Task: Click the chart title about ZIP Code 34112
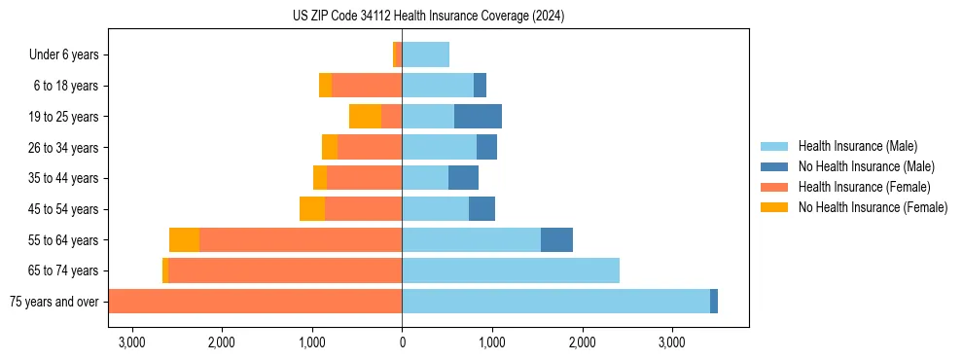pos(428,17)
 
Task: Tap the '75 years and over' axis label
pos(53,302)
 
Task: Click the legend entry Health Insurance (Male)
pos(857,146)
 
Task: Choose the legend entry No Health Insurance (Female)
pos(873,207)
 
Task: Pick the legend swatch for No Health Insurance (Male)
pos(775,166)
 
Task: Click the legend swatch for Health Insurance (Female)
pos(775,187)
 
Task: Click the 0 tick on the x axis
pos(402,342)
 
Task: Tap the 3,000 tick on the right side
pos(672,342)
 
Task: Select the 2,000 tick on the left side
pos(222,342)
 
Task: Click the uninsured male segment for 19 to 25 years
pos(478,117)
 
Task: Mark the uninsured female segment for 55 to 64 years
pos(184,240)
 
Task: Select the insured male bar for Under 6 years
pos(425,54)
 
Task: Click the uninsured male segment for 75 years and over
pos(714,302)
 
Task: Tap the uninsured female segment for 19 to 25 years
pos(365,117)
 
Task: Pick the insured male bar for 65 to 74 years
pos(511,270)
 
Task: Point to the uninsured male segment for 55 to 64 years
pos(556,240)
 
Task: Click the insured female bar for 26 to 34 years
pos(370,147)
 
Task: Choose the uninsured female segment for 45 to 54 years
pos(312,209)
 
